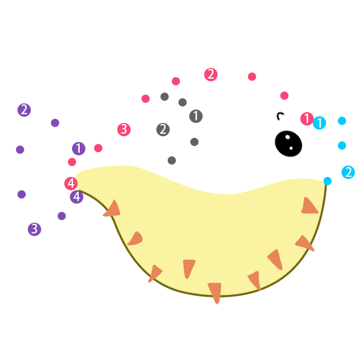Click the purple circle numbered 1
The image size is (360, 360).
[x=79, y=149]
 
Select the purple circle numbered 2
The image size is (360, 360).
[x=24, y=110]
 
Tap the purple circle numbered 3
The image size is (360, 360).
[x=34, y=229]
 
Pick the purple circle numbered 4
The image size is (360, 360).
[x=77, y=196]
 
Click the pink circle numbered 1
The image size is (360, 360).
[x=307, y=119]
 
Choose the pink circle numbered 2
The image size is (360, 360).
[x=211, y=75]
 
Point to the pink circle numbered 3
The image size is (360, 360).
[x=123, y=129]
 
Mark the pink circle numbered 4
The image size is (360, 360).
[x=71, y=183]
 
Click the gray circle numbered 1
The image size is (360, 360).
[x=196, y=116]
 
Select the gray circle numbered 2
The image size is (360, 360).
[x=163, y=130]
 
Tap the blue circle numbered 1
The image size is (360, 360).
[x=319, y=123]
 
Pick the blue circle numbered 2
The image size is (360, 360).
[x=348, y=172]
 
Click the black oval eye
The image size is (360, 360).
[x=288, y=143]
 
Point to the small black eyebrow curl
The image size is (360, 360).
[x=280, y=116]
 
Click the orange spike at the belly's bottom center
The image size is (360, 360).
[x=215, y=292]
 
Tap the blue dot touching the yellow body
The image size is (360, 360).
[x=328, y=181]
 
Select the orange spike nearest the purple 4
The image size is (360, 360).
[x=113, y=209]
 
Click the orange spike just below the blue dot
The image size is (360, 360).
[x=309, y=206]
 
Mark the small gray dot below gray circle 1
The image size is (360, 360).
[x=194, y=142]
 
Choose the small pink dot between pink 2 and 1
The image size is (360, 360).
[x=252, y=77]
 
